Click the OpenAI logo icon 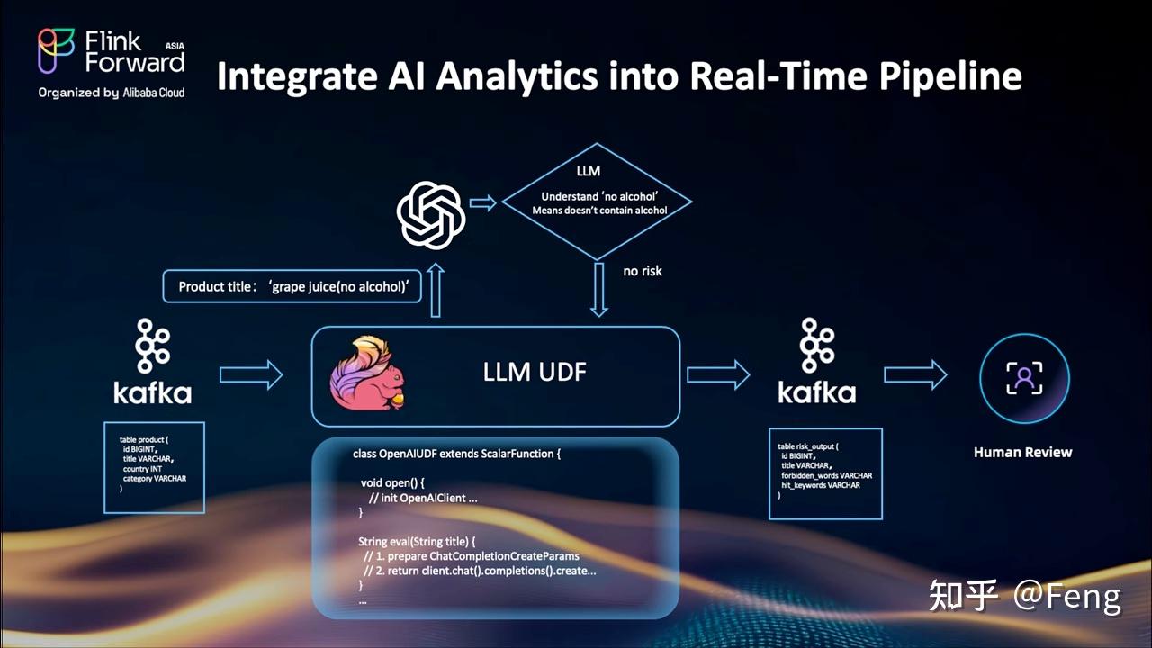[x=431, y=215]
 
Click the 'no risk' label [x=643, y=270]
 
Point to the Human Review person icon [x=1023, y=378]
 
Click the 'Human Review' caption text [x=1022, y=452]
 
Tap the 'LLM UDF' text [x=535, y=371]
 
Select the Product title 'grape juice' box [x=292, y=286]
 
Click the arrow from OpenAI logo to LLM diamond [x=482, y=203]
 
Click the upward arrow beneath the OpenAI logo [x=436, y=290]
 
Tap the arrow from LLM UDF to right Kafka [x=717, y=375]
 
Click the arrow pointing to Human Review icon [x=914, y=375]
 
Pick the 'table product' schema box [x=154, y=467]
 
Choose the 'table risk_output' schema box [x=825, y=473]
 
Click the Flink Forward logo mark [x=56, y=50]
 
